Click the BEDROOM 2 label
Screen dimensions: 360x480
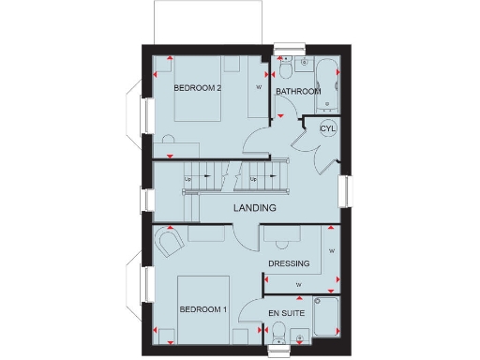click(197, 88)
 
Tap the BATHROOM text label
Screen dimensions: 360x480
click(298, 92)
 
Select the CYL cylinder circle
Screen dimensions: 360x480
click(327, 128)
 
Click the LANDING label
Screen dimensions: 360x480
click(255, 208)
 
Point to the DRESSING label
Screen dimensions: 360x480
click(289, 263)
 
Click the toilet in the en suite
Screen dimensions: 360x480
click(277, 332)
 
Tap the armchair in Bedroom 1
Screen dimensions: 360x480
click(168, 245)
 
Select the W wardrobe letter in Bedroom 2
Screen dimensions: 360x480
click(260, 89)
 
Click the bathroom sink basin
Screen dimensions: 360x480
click(305, 63)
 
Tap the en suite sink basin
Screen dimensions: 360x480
click(298, 336)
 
